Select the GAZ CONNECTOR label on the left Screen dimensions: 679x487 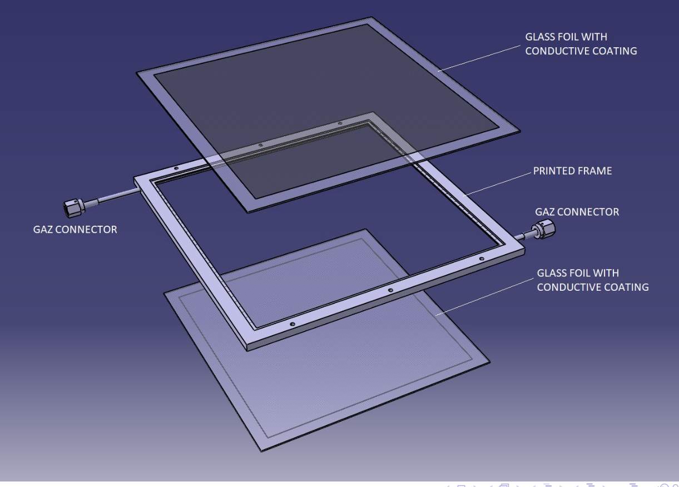coord(75,230)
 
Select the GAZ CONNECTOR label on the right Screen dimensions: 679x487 coord(577,212)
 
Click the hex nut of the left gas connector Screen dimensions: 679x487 coord(73,208)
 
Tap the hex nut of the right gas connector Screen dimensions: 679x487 coord(546,229)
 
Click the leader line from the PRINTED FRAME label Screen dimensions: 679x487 coord(497,184)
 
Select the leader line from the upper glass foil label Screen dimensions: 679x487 coord(479,58)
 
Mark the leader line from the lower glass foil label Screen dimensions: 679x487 coord(485,297)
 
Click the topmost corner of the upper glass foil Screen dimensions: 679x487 coord(371,17)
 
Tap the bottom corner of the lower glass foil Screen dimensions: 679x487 coord(261,451)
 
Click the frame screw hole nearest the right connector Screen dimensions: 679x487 coord(482,259)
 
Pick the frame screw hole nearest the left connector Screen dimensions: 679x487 coord(176,168)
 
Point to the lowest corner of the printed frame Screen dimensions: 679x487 coord(247,351)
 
